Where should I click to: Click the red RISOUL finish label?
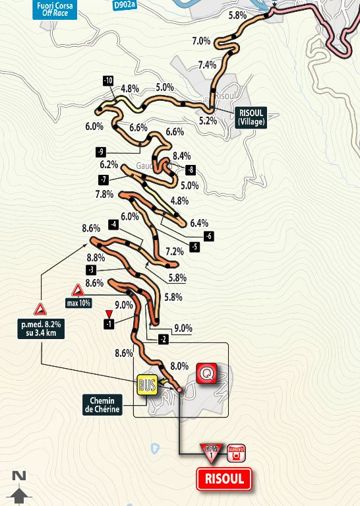click(x=224, y=479)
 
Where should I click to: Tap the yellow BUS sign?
click(x=147, y=386)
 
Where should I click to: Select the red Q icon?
click(x=207, y=375)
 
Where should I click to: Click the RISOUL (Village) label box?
click(x=251, y=117)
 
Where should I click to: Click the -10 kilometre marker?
click(x=108, y=81)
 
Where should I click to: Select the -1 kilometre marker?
click(x=109, y=323)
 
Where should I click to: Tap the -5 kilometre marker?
click(x=195, y=247)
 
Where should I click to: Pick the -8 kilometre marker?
click(x=191, y=170)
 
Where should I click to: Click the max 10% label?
click(x=78, y=303)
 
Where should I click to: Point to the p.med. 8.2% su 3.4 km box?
click(x=40, y=328)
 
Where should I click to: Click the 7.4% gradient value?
click(x=207, y=65)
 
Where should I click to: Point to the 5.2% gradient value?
click(x=208, y=121)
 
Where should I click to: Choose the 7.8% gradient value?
click(x=104, y=194)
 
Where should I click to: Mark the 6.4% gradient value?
click(x=198, y=223)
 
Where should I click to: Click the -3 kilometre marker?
click(x=91, y=270)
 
